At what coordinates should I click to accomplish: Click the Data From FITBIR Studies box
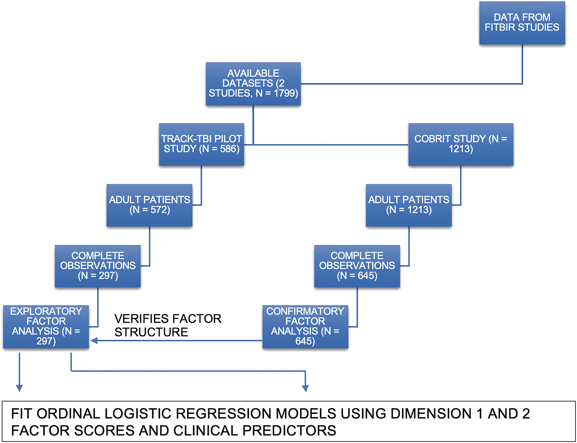pos(522,23)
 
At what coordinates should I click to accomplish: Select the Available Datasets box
pos(253,84)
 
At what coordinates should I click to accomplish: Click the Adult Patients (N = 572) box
pos(149,205)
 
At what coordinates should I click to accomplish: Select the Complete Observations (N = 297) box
pos(98,266)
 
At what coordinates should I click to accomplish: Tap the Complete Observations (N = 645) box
pos(357,266)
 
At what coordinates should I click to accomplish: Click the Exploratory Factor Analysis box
pos(46,327)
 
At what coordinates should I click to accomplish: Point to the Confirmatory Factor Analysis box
pos(305,327)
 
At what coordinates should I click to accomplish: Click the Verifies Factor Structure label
pos(168,325)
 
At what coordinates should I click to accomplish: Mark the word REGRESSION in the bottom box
pos(224,414)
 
